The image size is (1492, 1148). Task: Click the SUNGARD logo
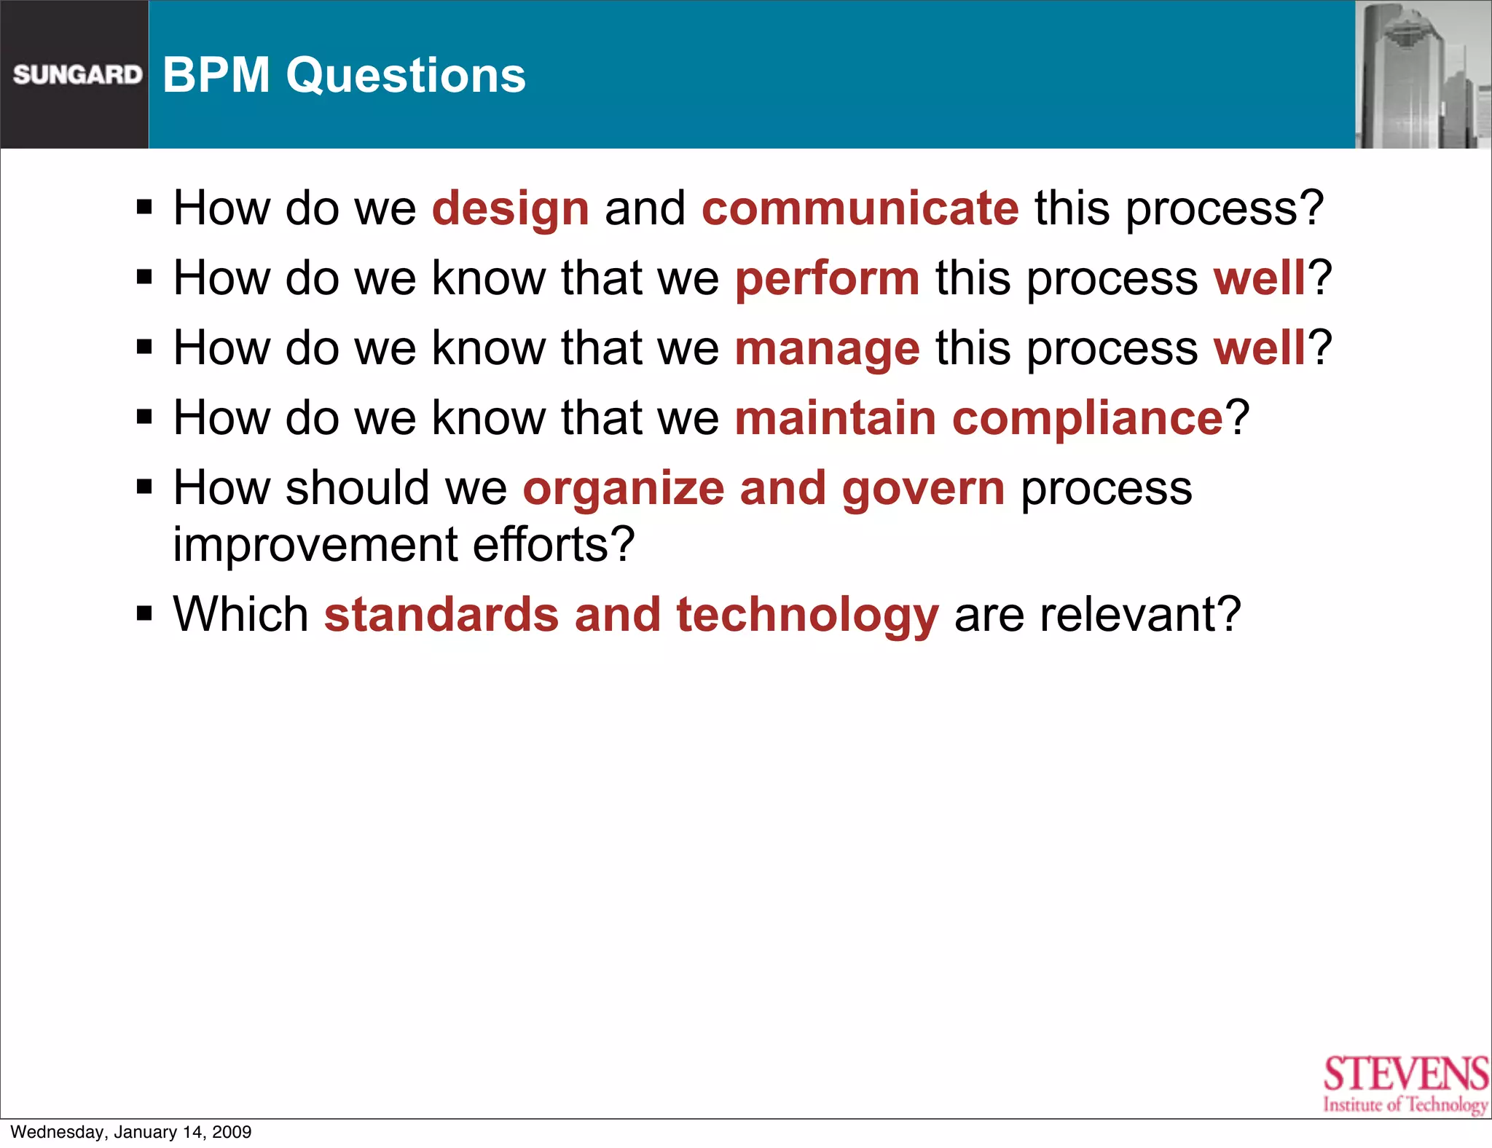tap(77, 74)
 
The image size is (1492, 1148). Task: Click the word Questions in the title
tap(405, 75)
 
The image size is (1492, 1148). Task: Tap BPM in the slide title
tap(216, 75)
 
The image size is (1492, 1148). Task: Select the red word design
tap(510, 209)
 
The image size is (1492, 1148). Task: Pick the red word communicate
tap(860, 208)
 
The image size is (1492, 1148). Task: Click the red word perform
tap(827, 279)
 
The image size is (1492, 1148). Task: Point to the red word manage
tap(827, 349)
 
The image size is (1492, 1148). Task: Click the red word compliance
tap(1087, 419)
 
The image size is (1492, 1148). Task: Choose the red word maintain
tap(835, 419)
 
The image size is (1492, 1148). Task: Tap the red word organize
tap(623, 488)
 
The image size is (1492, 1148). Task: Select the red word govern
tap(923, 488)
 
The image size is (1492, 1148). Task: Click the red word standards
tap(441, 615)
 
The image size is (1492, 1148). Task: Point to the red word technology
tap(807, 616)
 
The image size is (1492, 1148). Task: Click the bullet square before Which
tap(144, 614)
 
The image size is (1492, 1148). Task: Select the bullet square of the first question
tap(144, 208)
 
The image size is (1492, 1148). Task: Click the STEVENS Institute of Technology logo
tap(1405, 1083)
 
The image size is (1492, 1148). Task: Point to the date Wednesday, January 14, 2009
tap(131, 1132)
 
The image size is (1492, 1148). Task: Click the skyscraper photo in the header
tap(1422, 74)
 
